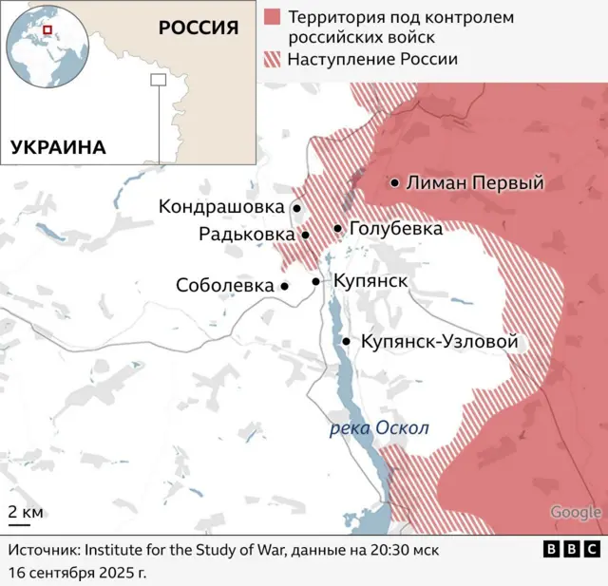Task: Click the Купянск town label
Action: tap(370, 281)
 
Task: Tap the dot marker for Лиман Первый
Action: tap(393, 182)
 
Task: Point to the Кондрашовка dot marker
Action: tap(296, 207)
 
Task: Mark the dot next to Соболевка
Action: tap(284, 286)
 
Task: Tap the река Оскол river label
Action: tap(378, 428)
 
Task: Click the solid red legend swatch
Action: tap(273, 18)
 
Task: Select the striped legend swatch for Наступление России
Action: tap(273, 59)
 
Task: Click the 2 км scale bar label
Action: tap(26, 512)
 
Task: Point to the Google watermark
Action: tap(575, 513)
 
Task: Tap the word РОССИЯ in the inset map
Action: tap(198, 27)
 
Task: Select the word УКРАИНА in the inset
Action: tap(58, 146)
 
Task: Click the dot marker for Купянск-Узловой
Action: tap(347, 342)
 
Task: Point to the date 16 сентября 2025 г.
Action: tap(78, 574)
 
